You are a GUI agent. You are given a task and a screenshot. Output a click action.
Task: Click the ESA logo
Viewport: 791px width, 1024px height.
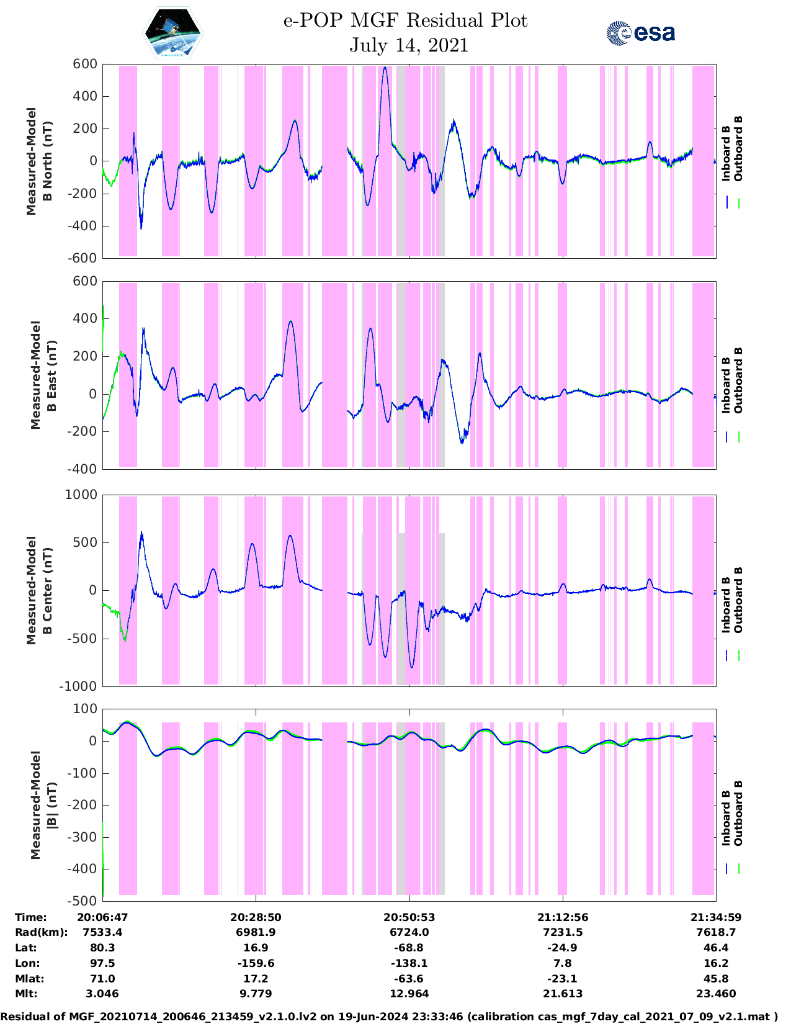(x=641, y=33)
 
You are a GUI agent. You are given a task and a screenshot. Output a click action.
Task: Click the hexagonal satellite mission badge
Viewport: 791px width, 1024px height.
(x=172, y=34)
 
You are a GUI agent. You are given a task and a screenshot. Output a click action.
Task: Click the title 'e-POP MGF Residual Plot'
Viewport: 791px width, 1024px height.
(x=405, y=21)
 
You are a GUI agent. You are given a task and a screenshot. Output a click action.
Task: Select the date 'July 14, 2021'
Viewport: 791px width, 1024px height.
(x=409, y=45)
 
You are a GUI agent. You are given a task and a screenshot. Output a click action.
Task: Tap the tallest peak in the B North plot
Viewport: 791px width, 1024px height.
(x=385, y=68)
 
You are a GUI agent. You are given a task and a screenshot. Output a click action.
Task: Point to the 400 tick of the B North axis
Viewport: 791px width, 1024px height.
(x=85, y=96)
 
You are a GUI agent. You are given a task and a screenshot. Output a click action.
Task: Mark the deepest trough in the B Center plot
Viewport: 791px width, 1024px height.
(x=412, y=667)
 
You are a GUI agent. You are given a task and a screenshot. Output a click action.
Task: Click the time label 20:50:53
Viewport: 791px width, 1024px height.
(x=409, y=917)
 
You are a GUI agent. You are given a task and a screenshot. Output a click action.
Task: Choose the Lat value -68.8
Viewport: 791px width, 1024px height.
(x=409, y=948)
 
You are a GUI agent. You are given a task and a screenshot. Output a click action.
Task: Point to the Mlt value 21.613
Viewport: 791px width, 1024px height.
(x=563, y=994)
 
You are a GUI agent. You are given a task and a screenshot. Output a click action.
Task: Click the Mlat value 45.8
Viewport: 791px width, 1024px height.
(x=716, y=979)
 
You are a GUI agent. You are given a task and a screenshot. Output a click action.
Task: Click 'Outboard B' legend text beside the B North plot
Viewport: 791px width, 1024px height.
(x=738, y=149)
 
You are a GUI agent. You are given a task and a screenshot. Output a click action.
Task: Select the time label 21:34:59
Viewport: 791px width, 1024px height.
(x=716, y=917)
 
